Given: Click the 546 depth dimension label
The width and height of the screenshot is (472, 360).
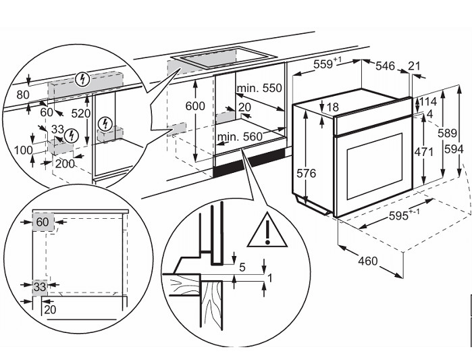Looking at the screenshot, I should [x=385, y=66].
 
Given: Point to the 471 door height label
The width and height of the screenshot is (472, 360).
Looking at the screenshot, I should [x=423, y=153].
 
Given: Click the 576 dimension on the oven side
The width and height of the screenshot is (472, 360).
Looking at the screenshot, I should [x=306, y=174].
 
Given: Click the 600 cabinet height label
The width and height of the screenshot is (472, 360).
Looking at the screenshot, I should [x=194, y=106].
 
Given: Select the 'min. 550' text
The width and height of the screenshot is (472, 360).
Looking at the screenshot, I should [x=259, y=88].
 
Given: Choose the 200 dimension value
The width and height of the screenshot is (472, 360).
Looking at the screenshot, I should [x=65, y=164].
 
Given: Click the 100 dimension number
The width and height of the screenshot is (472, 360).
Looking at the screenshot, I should [x=23, y=149].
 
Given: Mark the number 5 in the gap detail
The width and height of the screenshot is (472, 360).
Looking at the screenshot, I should [x=242, y=265].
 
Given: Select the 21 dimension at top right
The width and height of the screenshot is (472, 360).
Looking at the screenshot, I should [x=414, y=66].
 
